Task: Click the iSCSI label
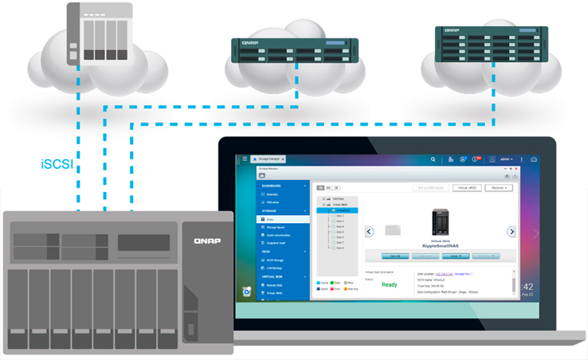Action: tap(58, 166)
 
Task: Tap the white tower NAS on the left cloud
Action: tap(98, 34)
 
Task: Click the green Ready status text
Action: tap(390, 284)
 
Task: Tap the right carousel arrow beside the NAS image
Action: tap(512, 232)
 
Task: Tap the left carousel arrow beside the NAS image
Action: tap(370, 232)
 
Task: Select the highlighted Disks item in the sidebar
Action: tap(283, 218)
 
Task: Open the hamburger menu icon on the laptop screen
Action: tap(245, 160)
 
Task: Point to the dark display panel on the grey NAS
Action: tap(143, 243)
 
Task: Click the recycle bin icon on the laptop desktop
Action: tap(246, 292)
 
